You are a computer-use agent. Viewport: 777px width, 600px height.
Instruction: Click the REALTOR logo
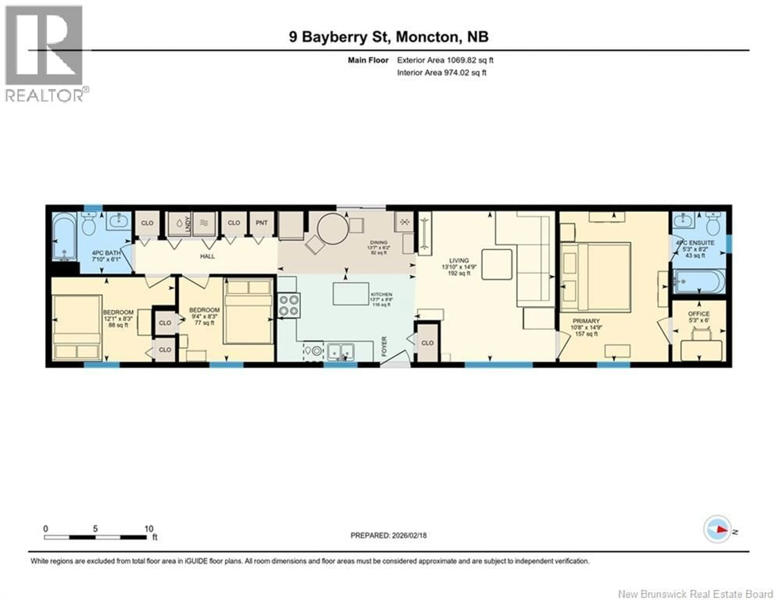(x=45, y=53)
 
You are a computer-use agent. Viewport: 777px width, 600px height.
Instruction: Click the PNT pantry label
(x=261, y=223)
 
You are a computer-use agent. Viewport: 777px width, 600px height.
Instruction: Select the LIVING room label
(x=459, y=261)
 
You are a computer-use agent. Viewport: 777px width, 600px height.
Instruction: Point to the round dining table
(x=333, y=229)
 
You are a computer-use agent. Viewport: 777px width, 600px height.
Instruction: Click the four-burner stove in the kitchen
(x=289, y=305)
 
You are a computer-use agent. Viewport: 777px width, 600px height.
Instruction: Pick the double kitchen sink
(x=341, y=352)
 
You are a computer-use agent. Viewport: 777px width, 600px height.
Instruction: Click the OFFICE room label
(x=699, y=314)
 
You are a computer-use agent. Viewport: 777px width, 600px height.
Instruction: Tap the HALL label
(x=207, y=256)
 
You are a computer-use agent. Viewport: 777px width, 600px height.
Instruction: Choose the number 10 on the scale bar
(x=149, y=529)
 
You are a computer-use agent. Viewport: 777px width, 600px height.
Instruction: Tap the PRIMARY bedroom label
(x=586, y=321)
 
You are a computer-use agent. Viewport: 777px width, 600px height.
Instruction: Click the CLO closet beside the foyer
(x=427, y=343)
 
